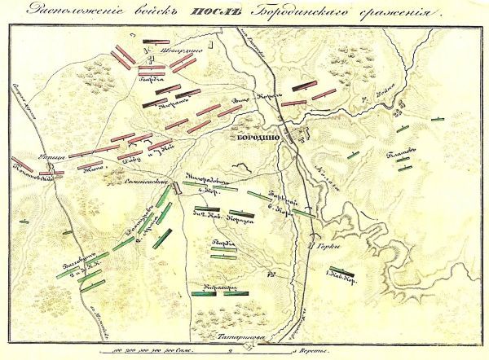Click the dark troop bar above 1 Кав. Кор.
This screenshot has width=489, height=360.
pos(337,272)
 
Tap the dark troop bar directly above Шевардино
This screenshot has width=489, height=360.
pos(149,42)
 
